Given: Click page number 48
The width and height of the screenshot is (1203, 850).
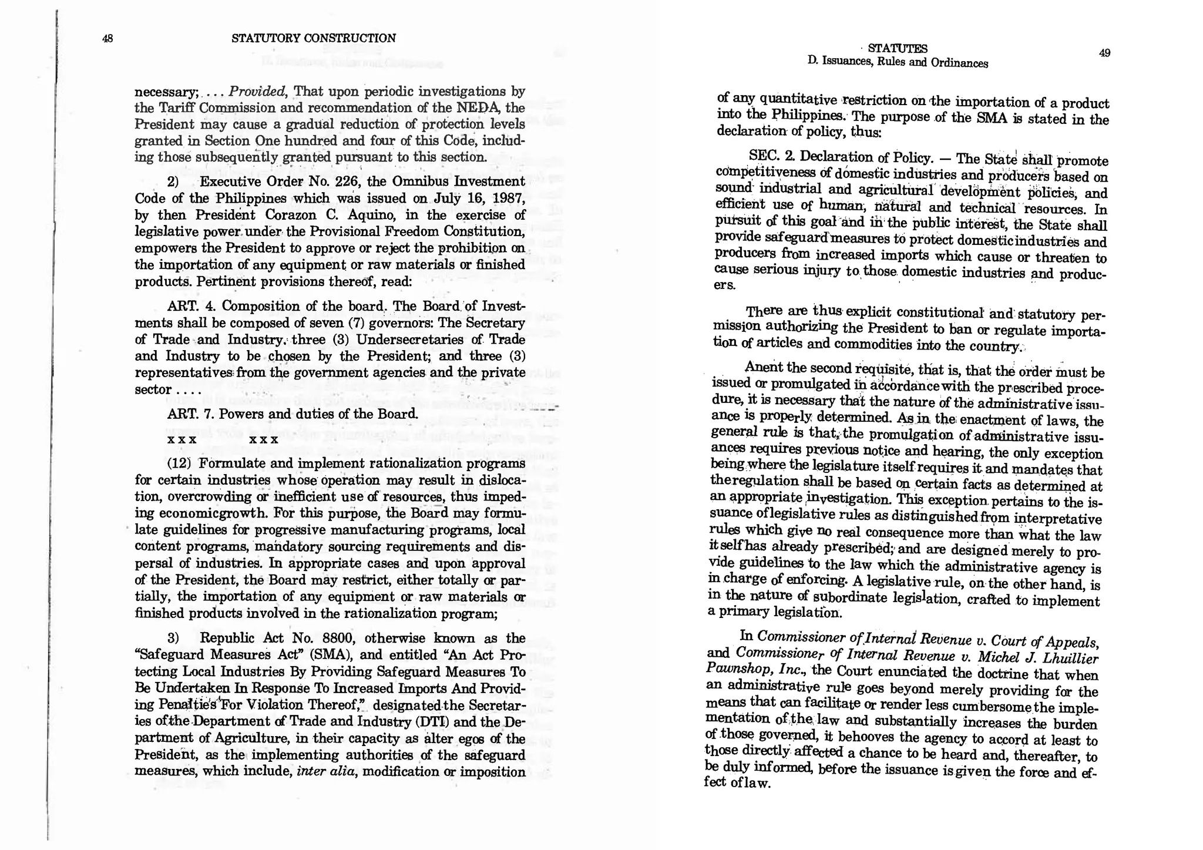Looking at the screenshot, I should [107, 39].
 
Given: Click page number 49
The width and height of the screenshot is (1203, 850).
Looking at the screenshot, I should [1104, 53].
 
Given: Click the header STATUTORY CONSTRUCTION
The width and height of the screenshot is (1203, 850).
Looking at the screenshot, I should [314, 38].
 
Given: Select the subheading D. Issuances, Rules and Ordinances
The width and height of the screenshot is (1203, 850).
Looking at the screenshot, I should [898, 62].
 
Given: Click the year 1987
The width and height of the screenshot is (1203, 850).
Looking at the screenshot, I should [508, 198].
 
